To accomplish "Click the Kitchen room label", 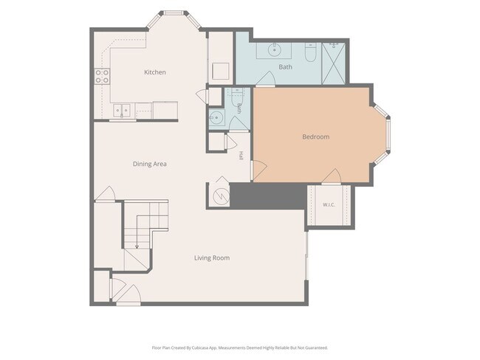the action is (x=155, y=72).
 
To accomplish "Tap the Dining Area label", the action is (x=150, y=164).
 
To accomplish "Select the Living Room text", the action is (x=212, y=258).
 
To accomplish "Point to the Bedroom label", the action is (x=315, y=136).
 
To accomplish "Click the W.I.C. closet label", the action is (x=329, y=204).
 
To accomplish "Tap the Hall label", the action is (x=241, y=156).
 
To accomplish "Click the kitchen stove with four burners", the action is (x=102, y=77).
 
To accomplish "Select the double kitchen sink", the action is (x=122, y=110).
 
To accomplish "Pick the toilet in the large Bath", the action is (x=310, y=52).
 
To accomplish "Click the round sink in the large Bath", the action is (x=274, y=49).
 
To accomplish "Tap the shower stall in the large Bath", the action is (x=333, y=63).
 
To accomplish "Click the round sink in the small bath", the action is (x=217, y=117).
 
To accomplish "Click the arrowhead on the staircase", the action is (x=137, y=246).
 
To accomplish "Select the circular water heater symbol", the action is (x=221, y=196).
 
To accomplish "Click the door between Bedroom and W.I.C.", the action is (x=332, y=176).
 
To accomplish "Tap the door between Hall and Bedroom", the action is (x=259, y=170).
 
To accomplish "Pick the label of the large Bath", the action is (x=285, y=66).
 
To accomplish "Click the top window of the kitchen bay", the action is (x=174, y=13).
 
